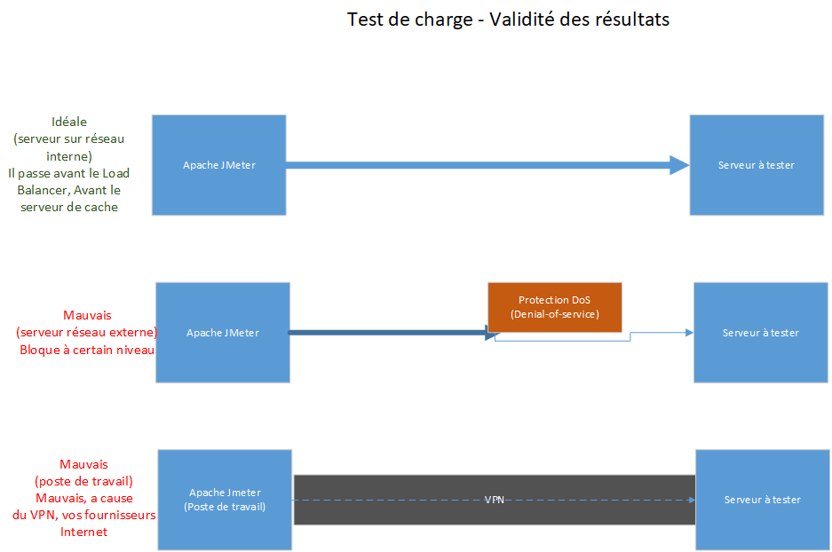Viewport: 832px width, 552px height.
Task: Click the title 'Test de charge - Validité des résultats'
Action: pos(508,20)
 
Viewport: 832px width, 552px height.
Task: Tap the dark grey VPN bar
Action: pos(400,500)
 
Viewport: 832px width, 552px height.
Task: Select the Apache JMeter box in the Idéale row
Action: pos(218,165)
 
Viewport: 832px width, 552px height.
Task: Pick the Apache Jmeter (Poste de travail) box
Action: pos(226,500)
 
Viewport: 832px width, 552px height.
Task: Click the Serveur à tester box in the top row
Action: pos(756,165)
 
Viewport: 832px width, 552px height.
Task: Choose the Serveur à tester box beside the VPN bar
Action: pos(762,500)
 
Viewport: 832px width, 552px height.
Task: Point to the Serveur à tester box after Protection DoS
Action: pos(760,333)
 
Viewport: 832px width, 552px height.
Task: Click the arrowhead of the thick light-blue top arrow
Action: pos(678,165)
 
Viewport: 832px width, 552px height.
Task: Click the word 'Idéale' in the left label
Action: pos(69,122)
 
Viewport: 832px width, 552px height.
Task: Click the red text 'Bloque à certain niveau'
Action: pos(87,350)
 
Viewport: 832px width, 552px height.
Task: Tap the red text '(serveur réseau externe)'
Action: pos(87,332)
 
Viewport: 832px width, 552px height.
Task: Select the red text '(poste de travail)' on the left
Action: pos(83,481)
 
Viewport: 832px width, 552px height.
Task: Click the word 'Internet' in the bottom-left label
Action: pos(83,532)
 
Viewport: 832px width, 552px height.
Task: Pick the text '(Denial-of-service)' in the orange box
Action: pos(554,314)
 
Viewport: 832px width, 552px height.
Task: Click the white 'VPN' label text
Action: pos(495,500)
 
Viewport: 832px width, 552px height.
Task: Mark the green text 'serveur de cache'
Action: pos(69,207)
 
